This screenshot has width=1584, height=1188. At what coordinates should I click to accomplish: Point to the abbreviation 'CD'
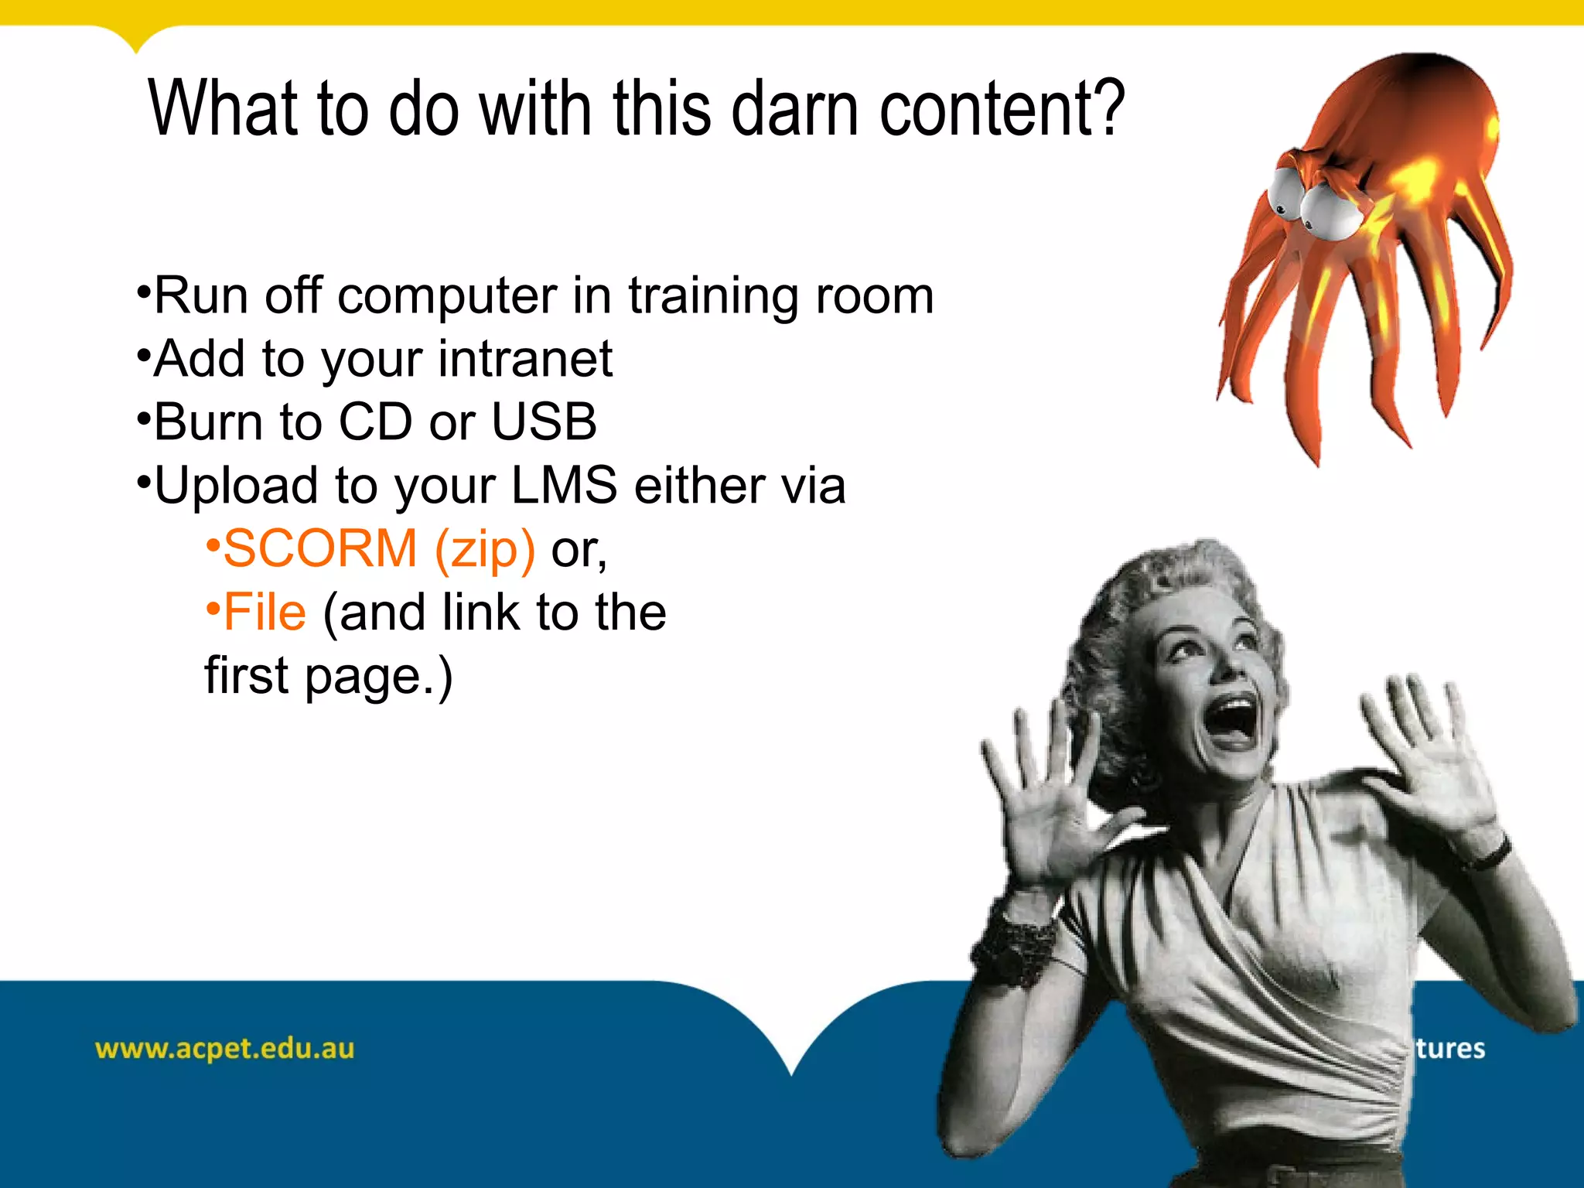(375, 422)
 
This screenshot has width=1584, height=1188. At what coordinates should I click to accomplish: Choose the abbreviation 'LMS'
(564, 486)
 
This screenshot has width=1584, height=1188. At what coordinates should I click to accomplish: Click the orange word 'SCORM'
(320, 549)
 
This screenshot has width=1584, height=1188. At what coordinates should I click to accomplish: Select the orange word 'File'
(265, 613)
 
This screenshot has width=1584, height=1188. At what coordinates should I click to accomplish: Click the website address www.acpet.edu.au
(224, 1049)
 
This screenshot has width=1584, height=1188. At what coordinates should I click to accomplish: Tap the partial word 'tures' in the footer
(1450, 1049)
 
